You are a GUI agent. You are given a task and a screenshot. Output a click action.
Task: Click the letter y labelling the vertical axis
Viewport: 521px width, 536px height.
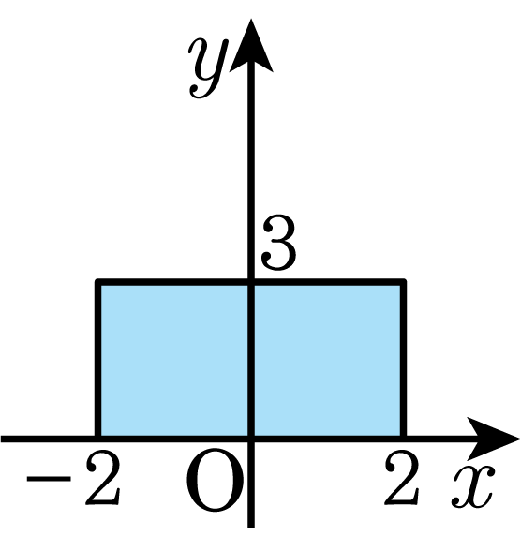pyautogui.click(x=207, y=68)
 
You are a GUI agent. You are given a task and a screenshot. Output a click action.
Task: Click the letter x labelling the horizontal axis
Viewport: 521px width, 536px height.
pyautogui.click(x=473, y=486)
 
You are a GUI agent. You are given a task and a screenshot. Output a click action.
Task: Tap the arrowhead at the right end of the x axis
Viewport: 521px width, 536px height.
pyautogui.click(x=492, y=439)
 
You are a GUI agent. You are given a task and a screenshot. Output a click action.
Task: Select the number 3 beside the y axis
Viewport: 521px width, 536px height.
pyautogui.click(x=278, y=243)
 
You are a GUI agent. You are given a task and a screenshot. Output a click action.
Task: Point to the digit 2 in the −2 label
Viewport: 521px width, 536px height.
pyautogui.click(x=103, y=478)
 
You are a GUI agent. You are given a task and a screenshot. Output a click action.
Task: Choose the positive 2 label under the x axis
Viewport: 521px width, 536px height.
pyautogui.click(x=401, y=478)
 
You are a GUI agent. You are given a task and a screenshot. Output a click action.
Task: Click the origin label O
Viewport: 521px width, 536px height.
pyautogui.click(x=215, y=481)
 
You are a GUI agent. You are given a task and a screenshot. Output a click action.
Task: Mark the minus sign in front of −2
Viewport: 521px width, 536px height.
pyautogui.click(x=49, y=478)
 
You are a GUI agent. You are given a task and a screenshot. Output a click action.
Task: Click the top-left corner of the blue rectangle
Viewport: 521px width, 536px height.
pyautogui.click(x=98, y=282)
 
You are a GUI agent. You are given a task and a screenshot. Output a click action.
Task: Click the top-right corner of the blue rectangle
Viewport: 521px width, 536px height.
pyautogui.click(x=403, y=282)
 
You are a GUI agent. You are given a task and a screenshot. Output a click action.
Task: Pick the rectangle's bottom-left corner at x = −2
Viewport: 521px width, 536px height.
pyautogui.click(x=98, y=439)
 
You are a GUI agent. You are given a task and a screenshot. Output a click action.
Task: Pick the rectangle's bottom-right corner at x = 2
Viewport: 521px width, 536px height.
pyautogui.click(x=403, y=439)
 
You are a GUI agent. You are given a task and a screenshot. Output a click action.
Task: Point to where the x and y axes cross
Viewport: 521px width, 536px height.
pyautogui.click(x=251, y=439)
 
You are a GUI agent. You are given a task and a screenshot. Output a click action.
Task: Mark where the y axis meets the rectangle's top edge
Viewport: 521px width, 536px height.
pyautogui.click(x=251, y=282)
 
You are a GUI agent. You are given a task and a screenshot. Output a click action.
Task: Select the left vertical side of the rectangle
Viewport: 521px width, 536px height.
pyautogui.click(x=98, y=360)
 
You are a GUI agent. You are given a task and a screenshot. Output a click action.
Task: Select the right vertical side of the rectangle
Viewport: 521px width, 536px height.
pyautogui.click(x=403, y=360)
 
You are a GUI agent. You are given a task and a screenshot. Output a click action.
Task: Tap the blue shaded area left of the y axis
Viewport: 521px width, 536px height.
pyautogui.click(x=174, y=360)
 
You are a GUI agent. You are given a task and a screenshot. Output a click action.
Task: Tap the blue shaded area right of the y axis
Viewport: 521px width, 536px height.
pyautogui.click(x=328, y=360)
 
